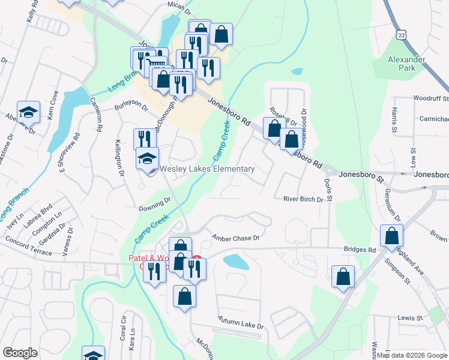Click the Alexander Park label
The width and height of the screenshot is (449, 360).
click(406, 64)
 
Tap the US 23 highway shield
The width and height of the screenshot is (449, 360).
click(400, 35)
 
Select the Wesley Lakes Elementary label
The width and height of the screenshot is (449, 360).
click(207, 169)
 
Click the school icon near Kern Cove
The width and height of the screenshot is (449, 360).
click(28, 112)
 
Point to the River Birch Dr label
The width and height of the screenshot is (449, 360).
click(303, 199)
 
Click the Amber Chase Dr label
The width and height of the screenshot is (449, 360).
click(235, 238)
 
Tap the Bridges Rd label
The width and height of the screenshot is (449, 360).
click(360, 250)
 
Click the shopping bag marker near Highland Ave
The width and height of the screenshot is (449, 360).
click(391, 236)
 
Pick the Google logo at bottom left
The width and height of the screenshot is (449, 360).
click(20, 353)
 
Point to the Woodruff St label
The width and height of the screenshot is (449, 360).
click(430, 98)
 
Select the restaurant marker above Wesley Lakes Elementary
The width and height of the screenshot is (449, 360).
click(144, 139)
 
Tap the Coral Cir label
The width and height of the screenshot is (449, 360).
click(122, 325)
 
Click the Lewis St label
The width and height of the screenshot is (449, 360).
click(406, 318)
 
